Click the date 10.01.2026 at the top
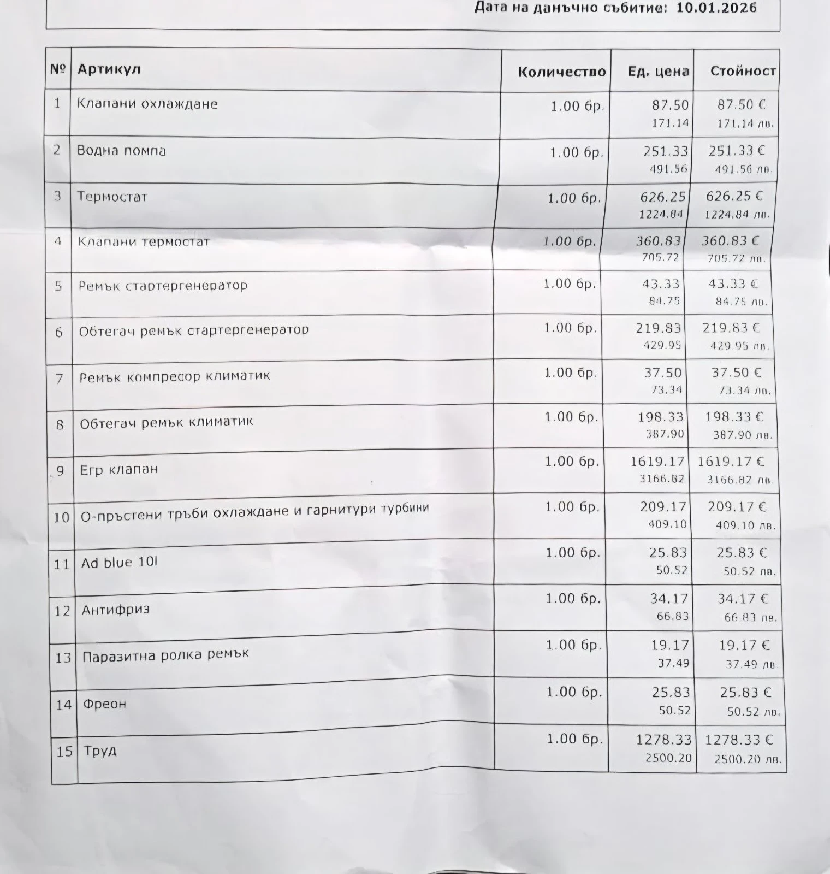pyautogui.click(x=716, y=8)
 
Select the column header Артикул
pyautogui.click(x=109, y=69)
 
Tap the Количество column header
pyautogui.click(x=561, y=72)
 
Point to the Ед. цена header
pyautogui.click(x=658, y=72)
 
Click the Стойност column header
pyautogui.click(x=743, y=71)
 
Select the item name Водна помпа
pyautogui.click(x=121, y=151)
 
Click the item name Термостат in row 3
pyautogui.click(x=112, y=197)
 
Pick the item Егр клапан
pyautogui.click(x=118, y=469)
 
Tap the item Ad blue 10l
pyautogui.click(x=119, y=562)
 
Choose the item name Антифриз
pyautogui.click(x=115, y=610)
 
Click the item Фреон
pyautogui.click(x=104, y=704)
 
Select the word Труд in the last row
pyautogui.click(x=100, y=751)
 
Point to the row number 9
pyautogui.click(x=60, y=470)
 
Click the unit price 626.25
pyautogui.click(x=663, y=197)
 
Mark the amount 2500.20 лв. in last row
pyautogui.click(x=748, y=759)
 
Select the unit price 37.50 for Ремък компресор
pyautogui.click(x=663, y=373)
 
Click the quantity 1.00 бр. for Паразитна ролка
pyautogui.click(x=573, y=645)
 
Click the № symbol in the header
pyautogui.click(x=58, y=69)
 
